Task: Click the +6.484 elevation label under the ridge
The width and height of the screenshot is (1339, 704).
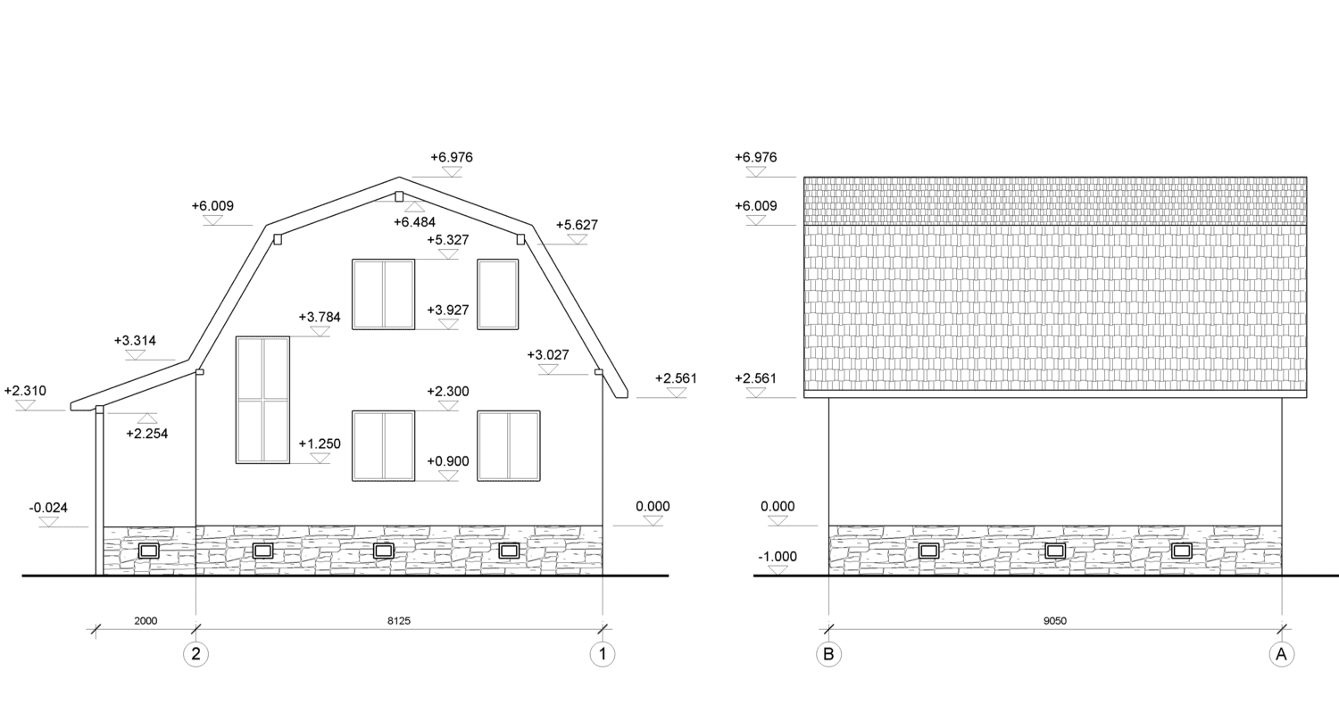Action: pyautogui.click(x=415, y=222)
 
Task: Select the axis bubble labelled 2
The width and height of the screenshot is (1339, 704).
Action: pyautogui.click(x=196, y=654)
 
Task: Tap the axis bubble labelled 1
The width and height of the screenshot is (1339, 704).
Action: pyautogui.click(x=603, y=654)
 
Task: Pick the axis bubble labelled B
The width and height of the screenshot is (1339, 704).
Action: pyautogui.click(x=828, y=654)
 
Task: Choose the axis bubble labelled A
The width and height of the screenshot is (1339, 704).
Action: pyautogui.click(x=1282, y=654)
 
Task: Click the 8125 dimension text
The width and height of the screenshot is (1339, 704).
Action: pyautogui.click(x=399, y=621)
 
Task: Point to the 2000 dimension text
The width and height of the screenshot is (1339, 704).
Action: pyautogui.click(x=146, y=621)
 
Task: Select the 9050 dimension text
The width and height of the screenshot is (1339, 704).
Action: pyautogui.click(x=1055, y=621)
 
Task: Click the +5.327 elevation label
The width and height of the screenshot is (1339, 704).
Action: pyautogui.click(x=448, y=240)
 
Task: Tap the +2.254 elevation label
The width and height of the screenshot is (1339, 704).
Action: pyautogui.click(x=147, y=434)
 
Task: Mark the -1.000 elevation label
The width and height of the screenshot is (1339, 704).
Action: pyautogui.click(x=778, y=557)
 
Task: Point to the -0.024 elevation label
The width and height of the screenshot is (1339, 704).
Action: pyautogui.click(x=48, y=508)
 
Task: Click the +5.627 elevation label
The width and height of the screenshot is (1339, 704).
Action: pyautogui.click(x=577, y=226)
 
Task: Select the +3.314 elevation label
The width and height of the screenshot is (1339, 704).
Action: pyautogui.click(x=135, y=341)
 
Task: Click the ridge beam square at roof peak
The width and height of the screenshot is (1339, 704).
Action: pyautogui.click(x=399, y=196)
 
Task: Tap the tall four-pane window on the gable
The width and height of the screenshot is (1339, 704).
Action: pyautogui.click(x=263, y=400)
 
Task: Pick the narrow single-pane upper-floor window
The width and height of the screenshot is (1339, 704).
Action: pyautogui.click(x=498, y=294)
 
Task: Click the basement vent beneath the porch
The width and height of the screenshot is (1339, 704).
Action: pyautogui.click(x=149, y=551)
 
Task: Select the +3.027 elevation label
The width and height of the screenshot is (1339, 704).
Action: pyautogui.click(x=548, y=355)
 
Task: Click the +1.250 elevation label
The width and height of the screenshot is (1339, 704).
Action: pyautogui.click(x=320, y=444)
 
